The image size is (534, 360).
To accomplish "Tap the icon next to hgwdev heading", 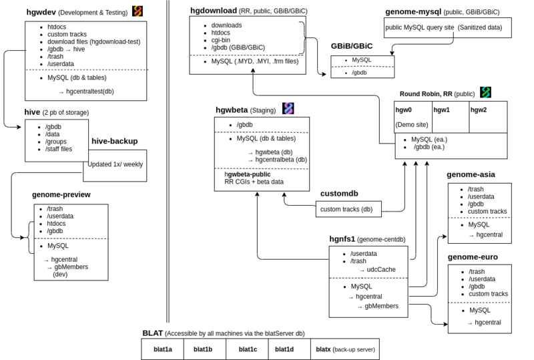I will pyautogui.click(x=137, y=11).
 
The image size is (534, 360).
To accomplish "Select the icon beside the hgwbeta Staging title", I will pyautogui.click(x=288, y=108).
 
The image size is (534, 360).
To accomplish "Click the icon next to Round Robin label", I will pyautogui.click(x=486, y=92).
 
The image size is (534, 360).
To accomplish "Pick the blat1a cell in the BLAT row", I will pyautogui.click(x=161, y=349).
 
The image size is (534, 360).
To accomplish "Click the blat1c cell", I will pyautogui.click(x=248, y=349).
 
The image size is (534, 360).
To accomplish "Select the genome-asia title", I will pyautogui.click(x=471, y=175).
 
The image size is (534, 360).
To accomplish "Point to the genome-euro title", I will pyautogui.click(x=471, y=256).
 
